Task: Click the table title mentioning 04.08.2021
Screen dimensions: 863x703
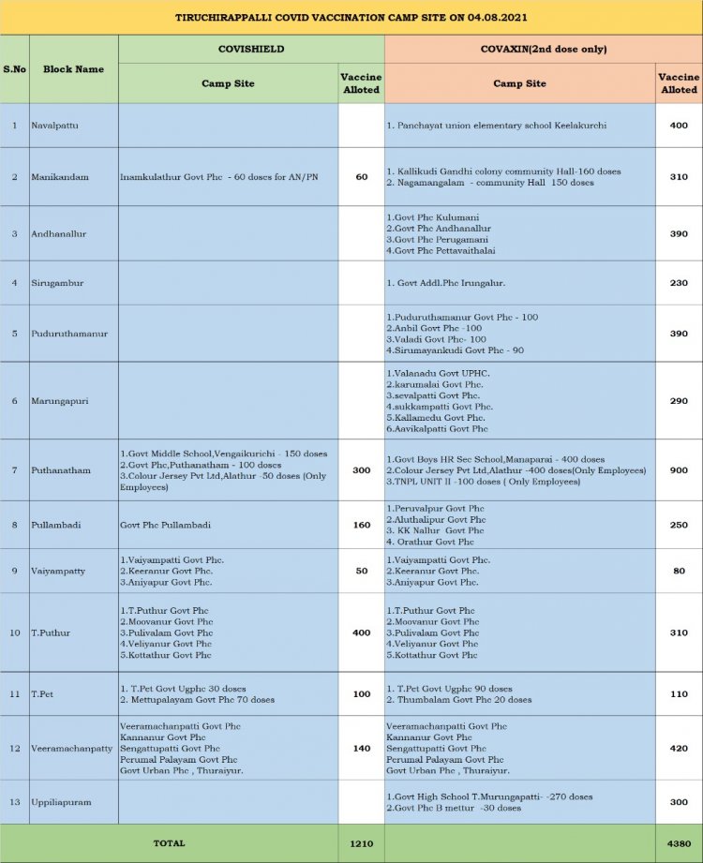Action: pyautogui.click(x=351, y=18)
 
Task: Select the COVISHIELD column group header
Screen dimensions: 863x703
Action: pyautogui.click(x=250, y=49)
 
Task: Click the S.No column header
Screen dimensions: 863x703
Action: pyautogui.click(x=14, y=68)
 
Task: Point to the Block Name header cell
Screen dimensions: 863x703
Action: pyautogui.click(x=73, y=68)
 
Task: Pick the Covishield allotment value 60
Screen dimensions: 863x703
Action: pyautogui.click(x=361, y=176)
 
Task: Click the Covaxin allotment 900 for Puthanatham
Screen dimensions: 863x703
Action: pyautogui.click(x=679, y=469)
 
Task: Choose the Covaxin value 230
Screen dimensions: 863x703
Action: pyautogui.click(x=679, y=282)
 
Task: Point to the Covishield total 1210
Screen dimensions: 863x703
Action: pyautogui.click(x=361, y=843)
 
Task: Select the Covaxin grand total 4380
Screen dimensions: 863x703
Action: pyautogui.click(x=679, y=843)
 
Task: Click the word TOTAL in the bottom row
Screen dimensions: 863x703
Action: pyautogui.click(x=169, y=843)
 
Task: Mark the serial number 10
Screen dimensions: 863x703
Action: pyautogui.click(x=14, y=632)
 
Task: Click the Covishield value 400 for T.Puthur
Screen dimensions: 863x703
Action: pyautogui.click(x=361, y=632)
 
